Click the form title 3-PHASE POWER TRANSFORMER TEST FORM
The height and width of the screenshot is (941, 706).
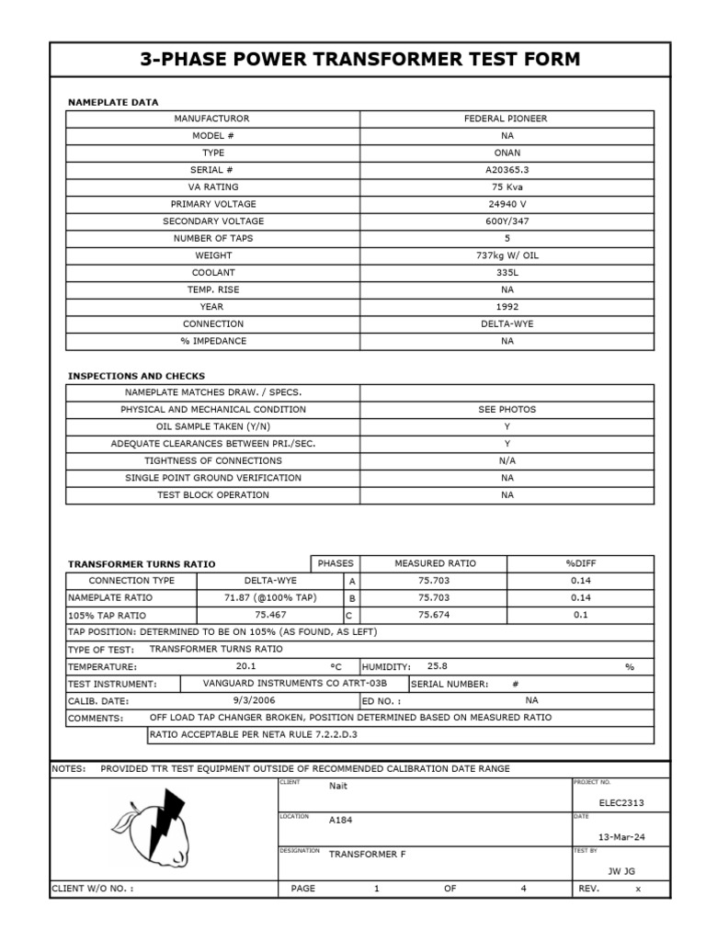click(359, 60)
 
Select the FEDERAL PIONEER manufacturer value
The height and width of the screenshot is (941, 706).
click(506, 119)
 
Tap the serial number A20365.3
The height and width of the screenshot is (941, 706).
click(506, 170)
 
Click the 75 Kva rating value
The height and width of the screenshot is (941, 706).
click(506, 187)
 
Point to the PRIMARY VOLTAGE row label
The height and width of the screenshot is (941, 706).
click(213, 204)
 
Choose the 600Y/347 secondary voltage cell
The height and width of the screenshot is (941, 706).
click(506, 221)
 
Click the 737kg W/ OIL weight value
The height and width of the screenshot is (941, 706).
click(506, 255)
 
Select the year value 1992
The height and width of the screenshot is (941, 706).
click(506, 307)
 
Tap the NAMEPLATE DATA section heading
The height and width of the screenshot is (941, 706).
click(113, 102)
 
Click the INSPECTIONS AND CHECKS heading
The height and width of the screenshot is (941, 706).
click(136, 376)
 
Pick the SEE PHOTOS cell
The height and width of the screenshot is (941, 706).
click(506, 409)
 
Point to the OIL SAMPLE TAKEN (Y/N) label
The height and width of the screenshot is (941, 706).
click(213, 426)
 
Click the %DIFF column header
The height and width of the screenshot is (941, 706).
click(580, 563)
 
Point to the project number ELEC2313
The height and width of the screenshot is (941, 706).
click(621, 802)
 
